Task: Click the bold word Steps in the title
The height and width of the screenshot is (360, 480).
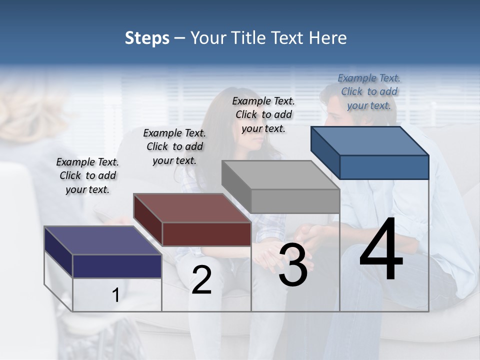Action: (x=147, y=38)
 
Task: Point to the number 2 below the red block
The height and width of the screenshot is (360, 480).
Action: (x=201, y=279)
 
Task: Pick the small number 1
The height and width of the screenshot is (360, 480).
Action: (x=115, y=295)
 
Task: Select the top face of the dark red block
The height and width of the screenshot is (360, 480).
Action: (x=192, y=208)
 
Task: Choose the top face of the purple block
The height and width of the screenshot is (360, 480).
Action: (x=102, y=240)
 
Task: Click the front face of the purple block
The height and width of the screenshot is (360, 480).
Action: (x=117, y=266)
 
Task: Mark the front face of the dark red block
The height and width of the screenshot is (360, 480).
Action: (x=206, y=233)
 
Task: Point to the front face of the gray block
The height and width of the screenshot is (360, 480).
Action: (x=295, y=201)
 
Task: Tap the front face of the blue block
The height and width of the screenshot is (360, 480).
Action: (x=384, y=167)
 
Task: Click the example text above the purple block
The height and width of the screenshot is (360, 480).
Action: (x=87, y=175)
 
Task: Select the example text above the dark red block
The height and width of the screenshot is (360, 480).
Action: (x=174, y=146)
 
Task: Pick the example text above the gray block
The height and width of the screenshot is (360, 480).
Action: (x=263, y=114)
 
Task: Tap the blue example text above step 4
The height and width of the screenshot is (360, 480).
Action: (x=369, y=91)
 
